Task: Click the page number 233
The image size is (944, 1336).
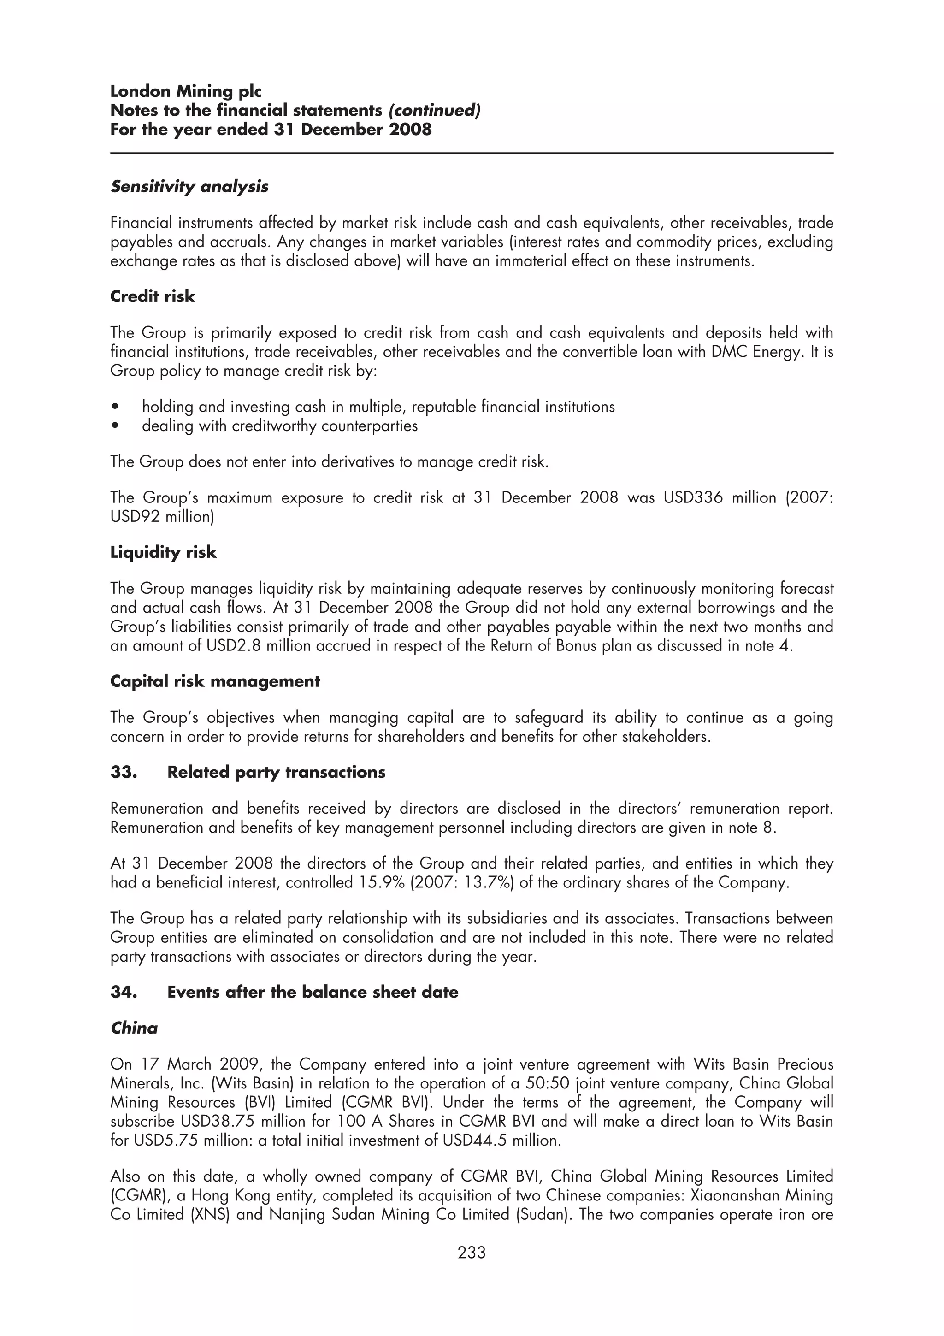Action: click(x=471, y=1252)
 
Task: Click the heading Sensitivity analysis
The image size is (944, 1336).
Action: click(x=189, y=187)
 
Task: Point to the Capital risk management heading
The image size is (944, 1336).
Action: click(x=215, y=681)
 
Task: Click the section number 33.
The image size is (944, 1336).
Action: click(x=124, y=772)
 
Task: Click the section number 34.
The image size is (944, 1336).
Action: click(x=124, y=992)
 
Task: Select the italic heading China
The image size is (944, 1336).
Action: click(x=134, y=1028)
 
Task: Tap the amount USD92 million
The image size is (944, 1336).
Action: click(x=162, y=517)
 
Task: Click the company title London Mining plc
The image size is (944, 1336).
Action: click(x=186, y=91)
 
